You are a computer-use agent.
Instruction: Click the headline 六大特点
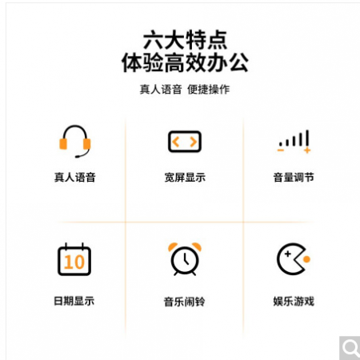click(x=185, y=40)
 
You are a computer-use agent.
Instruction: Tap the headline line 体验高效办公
click(x=185, y=62)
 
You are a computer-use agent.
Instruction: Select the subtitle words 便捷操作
click(x=208, y=90)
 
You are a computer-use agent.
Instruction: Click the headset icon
click(x=75, y=141)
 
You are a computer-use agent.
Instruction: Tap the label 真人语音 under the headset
click(x=75, y=178)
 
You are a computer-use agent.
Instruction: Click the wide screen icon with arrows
click(x=185, y=142)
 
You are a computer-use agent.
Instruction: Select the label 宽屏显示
click(x=185, y=178)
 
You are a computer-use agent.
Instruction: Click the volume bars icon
click(x=294, y=142)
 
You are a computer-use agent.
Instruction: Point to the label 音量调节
click(x=294, y=178)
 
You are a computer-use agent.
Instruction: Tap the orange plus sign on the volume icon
click(x=307, y=150)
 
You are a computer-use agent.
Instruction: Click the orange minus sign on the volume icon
click(x=280, y=150)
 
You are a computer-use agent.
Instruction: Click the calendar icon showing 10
click(x=74, y=259)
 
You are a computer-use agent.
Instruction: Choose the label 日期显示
click(x=74, y=301)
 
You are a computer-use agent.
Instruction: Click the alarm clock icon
click(x=185, y=259)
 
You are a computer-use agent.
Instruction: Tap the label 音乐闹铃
click(x=185, y=302)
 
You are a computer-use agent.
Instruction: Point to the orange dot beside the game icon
click(x=306, y=259)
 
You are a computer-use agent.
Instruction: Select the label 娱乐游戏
click(x=294, y=302)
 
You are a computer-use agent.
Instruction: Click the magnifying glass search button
click(x=350, y=348)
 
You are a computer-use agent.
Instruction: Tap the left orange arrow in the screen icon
click(x=175, y=142)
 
